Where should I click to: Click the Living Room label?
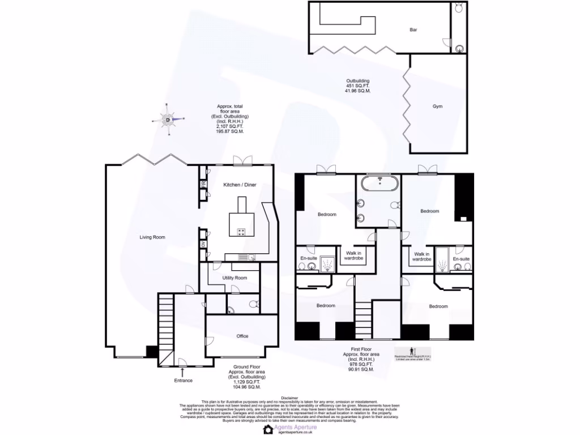pos(152,237)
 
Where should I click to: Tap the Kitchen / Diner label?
pos(240,185)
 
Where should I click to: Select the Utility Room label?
pos(234,278)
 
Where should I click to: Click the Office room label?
pos(242,336)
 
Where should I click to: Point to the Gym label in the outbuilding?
pos(437,106)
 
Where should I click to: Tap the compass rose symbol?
pos(168,119)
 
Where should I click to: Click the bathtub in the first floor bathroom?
pos(378,183)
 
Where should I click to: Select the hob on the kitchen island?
pos(241,232)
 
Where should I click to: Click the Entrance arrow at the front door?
pos(182,371)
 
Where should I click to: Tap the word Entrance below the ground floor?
pos(183,381)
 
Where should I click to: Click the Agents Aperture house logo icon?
pos(268,429)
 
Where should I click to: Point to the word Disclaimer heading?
pos(289,398)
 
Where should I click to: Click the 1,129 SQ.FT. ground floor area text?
pos(246,382)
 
